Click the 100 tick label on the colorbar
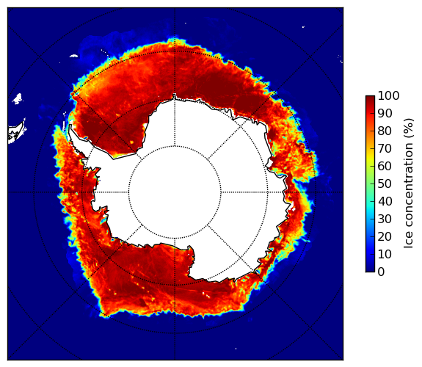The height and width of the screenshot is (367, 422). pos(388,95)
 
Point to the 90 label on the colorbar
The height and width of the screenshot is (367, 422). pos(385,113)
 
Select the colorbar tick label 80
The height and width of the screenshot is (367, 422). pos(385,131)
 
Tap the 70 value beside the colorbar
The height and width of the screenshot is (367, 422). pos(385,148)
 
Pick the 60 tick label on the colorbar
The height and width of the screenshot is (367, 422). pos(385,166)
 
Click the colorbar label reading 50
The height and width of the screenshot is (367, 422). pos(385,184)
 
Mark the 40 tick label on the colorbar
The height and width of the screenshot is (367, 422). pos(385,201)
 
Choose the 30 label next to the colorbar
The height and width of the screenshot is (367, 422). pos(385,219)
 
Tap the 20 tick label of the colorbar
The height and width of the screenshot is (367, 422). pos(385,236)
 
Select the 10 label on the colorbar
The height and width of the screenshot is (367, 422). pos(385,255)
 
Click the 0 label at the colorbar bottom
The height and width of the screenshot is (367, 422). pos(382,272)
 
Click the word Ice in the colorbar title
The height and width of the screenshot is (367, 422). pos(409,241)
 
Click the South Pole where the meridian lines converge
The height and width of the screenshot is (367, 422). pos(175,192)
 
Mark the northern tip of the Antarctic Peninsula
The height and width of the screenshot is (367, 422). pos(70,126)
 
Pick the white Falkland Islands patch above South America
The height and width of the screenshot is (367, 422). pos(18,98)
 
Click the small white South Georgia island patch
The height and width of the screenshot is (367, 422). pos(73,56)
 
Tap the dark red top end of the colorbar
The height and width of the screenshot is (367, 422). pos(370,97)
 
